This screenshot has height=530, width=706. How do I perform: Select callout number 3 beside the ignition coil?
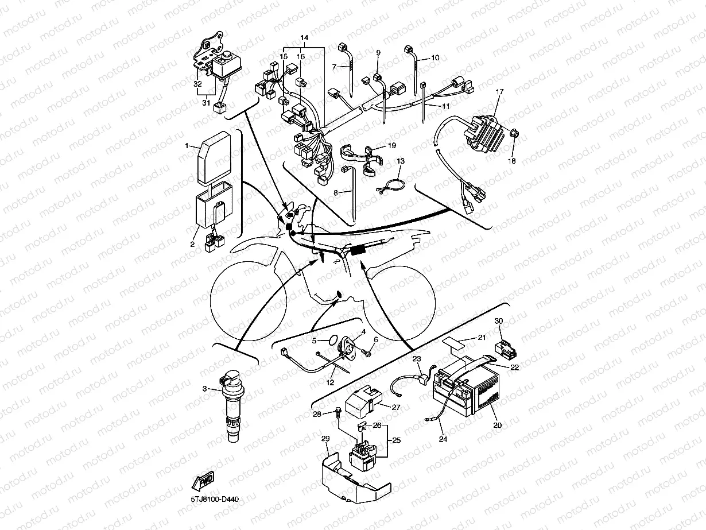tap(204, 389)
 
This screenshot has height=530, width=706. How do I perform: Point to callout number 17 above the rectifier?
tap(499, 91)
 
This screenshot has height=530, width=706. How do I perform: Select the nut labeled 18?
tap(514, 134)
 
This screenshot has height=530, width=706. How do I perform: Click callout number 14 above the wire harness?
tap(304, 37)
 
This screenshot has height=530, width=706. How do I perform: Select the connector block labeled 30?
tap(503, 346)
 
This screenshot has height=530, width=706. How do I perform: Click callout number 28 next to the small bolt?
tap(317, 414)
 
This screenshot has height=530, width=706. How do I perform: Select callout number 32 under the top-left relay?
tap(197, 83)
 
